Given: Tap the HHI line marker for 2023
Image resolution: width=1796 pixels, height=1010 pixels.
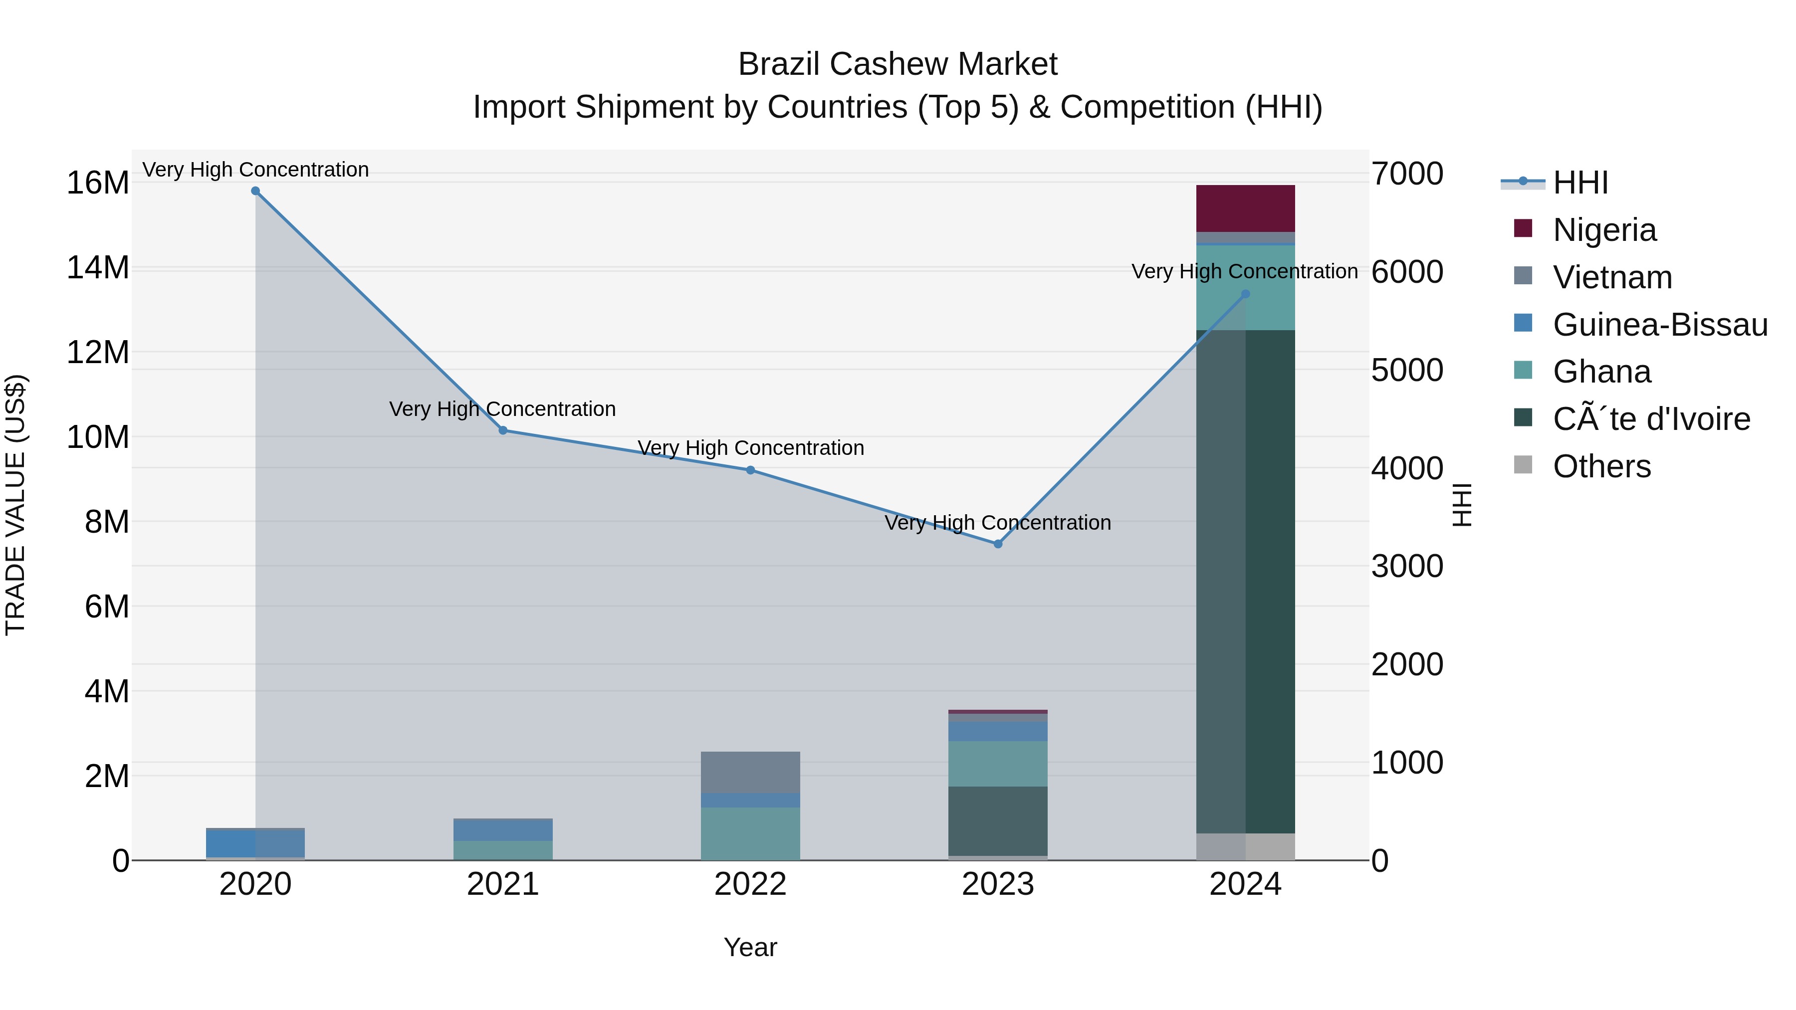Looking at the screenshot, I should (998, 544).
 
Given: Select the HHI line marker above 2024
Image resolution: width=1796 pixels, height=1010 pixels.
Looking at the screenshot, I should (1246, 294).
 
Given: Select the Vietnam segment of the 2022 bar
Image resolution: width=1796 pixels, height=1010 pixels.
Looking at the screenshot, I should (750, 772).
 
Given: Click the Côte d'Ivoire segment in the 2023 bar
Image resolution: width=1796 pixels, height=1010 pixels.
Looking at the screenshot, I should (998, 821).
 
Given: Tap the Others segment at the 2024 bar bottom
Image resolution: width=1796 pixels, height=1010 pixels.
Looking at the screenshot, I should (1245, 847).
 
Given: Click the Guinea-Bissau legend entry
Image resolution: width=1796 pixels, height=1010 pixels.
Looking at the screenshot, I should (1659, 325).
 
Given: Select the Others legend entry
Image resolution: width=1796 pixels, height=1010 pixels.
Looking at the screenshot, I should (1601, 466).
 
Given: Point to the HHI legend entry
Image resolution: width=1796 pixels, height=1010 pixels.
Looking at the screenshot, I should (1580, 183).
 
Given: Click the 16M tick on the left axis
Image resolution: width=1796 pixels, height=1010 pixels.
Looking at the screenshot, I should (98, 184).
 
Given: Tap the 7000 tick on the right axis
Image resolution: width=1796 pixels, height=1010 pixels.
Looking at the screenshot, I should (1407, 174).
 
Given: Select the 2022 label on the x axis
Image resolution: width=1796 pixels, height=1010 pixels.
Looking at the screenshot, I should (750, 884).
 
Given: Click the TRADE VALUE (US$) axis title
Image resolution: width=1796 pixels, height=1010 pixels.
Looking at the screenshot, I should (15, 505).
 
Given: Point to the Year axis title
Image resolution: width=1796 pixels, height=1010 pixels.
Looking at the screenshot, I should (750, 947).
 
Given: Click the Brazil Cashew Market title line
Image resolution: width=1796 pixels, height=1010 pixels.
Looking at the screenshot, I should (898, 64).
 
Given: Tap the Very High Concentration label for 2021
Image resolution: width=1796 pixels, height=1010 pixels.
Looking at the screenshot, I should (502, 409).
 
